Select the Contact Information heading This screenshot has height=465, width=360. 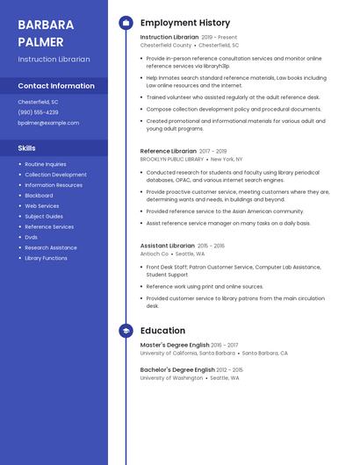[x=56, y=86]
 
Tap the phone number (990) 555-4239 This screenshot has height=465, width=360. [x=38, y=112]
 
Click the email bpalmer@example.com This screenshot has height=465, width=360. [x=48, y=123]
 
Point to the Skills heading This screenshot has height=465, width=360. [x=26, y=148]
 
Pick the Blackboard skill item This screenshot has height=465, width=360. [x=39, y=196]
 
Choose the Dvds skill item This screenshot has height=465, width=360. [x=31, y=237]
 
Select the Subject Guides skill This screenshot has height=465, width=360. [x=44, y=216]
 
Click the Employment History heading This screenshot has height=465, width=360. [x=184, y=23]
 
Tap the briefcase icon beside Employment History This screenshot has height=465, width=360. [x=125, y=23]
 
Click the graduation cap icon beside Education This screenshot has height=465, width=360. [x=125, y=331]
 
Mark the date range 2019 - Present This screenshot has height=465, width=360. [x=219, y=38]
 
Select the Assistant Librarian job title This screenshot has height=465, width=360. [x=167, y=246]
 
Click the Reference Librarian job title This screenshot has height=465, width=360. [x=168, y=151]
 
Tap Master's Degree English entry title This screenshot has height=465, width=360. [x=175, y=345]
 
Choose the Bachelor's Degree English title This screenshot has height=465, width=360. [x=176, y=369]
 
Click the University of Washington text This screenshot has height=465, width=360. [x=171, y=378]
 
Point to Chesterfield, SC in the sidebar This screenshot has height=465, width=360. [x=38, y=102]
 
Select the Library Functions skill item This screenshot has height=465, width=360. [x=46, y=258]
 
